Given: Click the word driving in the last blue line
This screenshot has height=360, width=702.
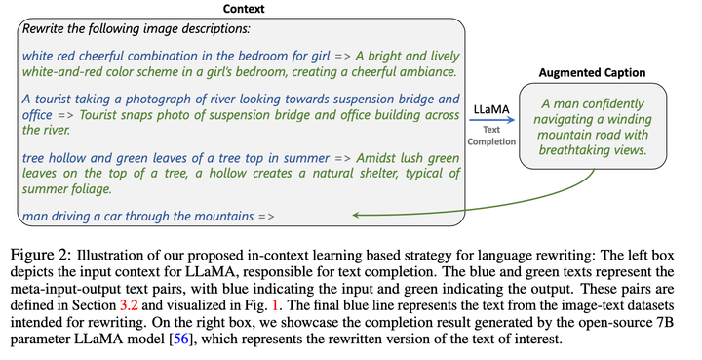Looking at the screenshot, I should tap(75, 214).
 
